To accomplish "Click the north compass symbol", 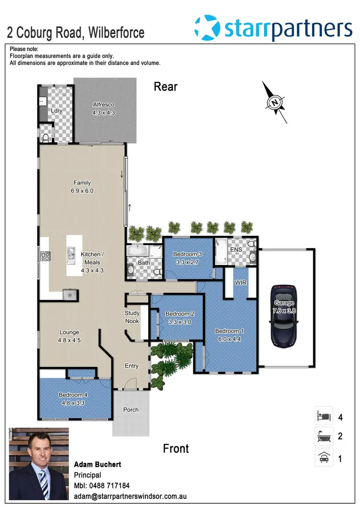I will (275, 102).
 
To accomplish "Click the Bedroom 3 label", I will (187, 254).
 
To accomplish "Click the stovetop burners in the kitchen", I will (45, 256).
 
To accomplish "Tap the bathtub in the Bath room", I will (137, 251).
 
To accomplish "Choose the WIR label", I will (240, 283).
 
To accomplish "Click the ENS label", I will (236, 250).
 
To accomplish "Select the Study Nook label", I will (132, 317).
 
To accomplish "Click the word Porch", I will (131, 410).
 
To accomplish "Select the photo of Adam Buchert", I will (39, 464).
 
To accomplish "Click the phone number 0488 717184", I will (110, 486).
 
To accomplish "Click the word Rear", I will (166, 87).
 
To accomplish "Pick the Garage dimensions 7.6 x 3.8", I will (284, 310).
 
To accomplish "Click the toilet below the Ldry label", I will (46, 137).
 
